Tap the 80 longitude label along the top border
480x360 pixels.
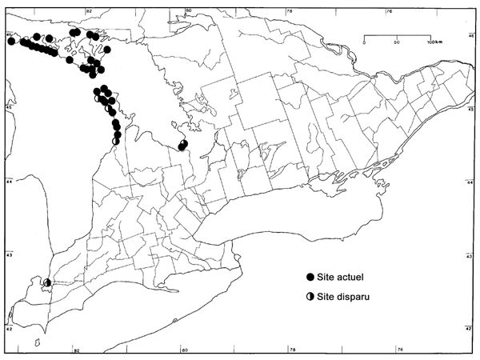(187, 10)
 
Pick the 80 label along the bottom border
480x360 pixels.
(184, 349)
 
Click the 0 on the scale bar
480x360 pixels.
(364, 42)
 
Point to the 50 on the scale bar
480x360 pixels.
(398, 42)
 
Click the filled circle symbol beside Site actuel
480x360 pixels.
(310, 276)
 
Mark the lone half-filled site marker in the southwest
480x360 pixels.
(47, 282)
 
